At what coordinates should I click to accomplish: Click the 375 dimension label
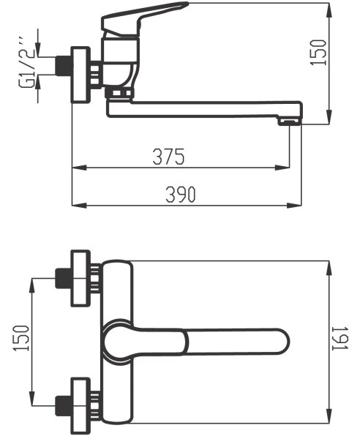[168, 156]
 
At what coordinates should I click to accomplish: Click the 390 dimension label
[180, 195]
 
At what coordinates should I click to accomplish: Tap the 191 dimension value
[340, 338]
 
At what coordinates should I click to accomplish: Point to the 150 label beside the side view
[318, 53]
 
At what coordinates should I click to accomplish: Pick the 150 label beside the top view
[20, 337]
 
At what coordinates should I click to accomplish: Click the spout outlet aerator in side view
[289, 121]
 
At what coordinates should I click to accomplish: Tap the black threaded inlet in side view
[63, 66]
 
